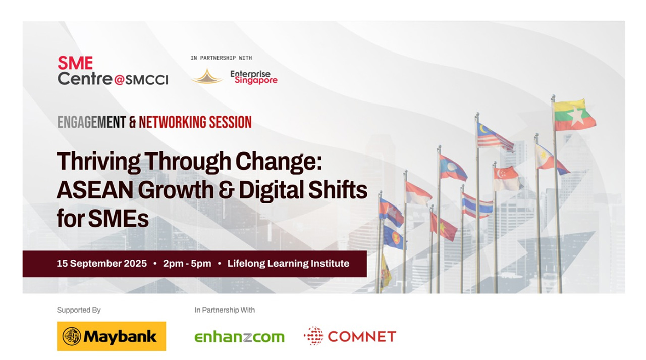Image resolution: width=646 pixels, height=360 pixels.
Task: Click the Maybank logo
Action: click(112, 336)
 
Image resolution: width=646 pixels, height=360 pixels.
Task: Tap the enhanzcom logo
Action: click(239, 337)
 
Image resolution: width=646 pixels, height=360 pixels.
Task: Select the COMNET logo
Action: click(350, 336)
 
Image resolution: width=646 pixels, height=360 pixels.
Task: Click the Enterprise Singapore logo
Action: click(254, 77)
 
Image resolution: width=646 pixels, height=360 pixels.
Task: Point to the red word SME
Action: click(75, 63)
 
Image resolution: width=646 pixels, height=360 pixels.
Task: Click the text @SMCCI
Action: click(141, 80)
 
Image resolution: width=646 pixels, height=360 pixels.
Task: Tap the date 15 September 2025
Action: click(101, 264)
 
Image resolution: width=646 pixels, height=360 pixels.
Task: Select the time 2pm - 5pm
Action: click(187, 264)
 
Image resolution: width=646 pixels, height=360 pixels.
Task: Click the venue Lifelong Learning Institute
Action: click(288, 264)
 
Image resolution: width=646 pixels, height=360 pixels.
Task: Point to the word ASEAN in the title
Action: click(95, 190)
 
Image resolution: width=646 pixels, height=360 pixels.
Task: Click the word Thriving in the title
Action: click(98, 162)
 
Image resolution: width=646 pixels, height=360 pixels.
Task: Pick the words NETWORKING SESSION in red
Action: click(195, 122)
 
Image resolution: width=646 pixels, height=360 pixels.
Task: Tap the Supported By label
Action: click(79, 310)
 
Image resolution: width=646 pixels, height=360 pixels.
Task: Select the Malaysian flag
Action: click(495, 137)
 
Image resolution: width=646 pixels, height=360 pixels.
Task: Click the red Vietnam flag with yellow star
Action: click(443, 226)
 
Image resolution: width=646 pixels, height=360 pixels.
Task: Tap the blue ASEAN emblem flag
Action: click(395, 237)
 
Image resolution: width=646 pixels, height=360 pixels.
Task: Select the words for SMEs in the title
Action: click(102, 218)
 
